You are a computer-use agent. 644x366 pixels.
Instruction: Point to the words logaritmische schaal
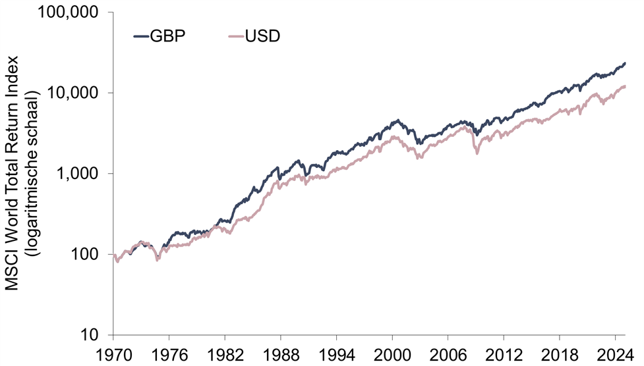[x=30, y=174]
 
